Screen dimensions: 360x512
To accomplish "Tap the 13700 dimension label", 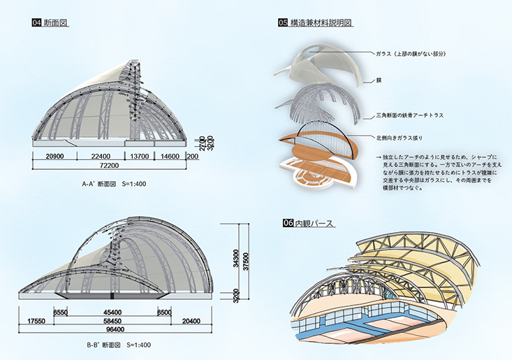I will (137, 157).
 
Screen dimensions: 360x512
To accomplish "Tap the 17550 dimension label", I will (31, 322).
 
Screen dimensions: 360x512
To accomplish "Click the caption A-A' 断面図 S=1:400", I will (113, 185).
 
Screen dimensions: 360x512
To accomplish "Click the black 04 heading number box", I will (36, 23).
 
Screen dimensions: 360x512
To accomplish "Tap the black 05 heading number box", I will (283, 23).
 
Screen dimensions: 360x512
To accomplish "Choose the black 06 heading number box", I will (287, 224).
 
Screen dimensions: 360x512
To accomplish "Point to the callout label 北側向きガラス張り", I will (400, 138).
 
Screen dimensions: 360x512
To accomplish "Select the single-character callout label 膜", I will (378, 80).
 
